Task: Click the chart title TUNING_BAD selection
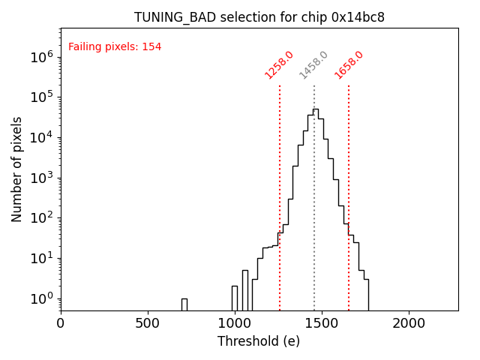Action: (x=259, y=17)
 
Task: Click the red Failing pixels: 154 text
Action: (x=115, y=47)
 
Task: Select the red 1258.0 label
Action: (x=279, y=65)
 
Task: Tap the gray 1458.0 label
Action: (x=313, y=65)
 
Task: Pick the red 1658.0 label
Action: (x=349, y=65)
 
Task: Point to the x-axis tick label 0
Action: (x=61, y=323)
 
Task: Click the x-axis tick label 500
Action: (x=148, y=323)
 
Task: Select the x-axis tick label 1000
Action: (x=235, y=323)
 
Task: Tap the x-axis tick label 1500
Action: (x=322, y=323)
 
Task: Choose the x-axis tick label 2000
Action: (x=409, y=323)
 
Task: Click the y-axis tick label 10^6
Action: (x=41, y=57)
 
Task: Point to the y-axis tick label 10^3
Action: (x=41, y=178)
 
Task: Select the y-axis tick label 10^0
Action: (x=41, y=298)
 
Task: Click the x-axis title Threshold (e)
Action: (x=259, y=342)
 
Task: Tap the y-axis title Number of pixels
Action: (x=17, y=169)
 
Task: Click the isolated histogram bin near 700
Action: (x=184, y=304)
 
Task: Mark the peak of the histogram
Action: (x=316, y=109)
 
